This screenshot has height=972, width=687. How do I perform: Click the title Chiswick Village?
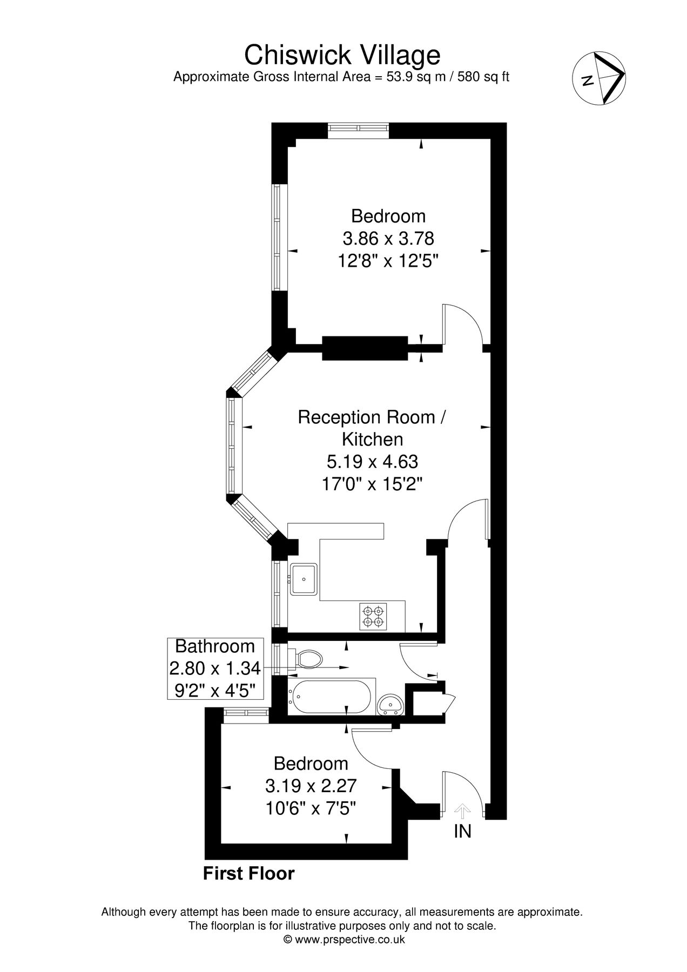pos(342,55)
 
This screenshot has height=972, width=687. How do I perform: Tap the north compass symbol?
pos(599,78)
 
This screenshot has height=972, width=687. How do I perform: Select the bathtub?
pos(329,697)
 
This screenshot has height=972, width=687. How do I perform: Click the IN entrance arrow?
pos(462,812)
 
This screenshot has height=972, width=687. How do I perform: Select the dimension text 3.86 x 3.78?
pos(388,238)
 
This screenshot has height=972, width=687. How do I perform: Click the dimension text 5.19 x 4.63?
pos(373,462)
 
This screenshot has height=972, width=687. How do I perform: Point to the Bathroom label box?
pos(215,668)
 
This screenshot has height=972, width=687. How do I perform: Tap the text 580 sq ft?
pos(483,77)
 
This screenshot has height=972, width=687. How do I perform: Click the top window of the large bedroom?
pos(359,128)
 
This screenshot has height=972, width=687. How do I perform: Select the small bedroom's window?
pos(246,714)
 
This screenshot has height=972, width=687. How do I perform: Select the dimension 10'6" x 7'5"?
pos(310,809)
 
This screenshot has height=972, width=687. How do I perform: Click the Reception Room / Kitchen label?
pos(373,428)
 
